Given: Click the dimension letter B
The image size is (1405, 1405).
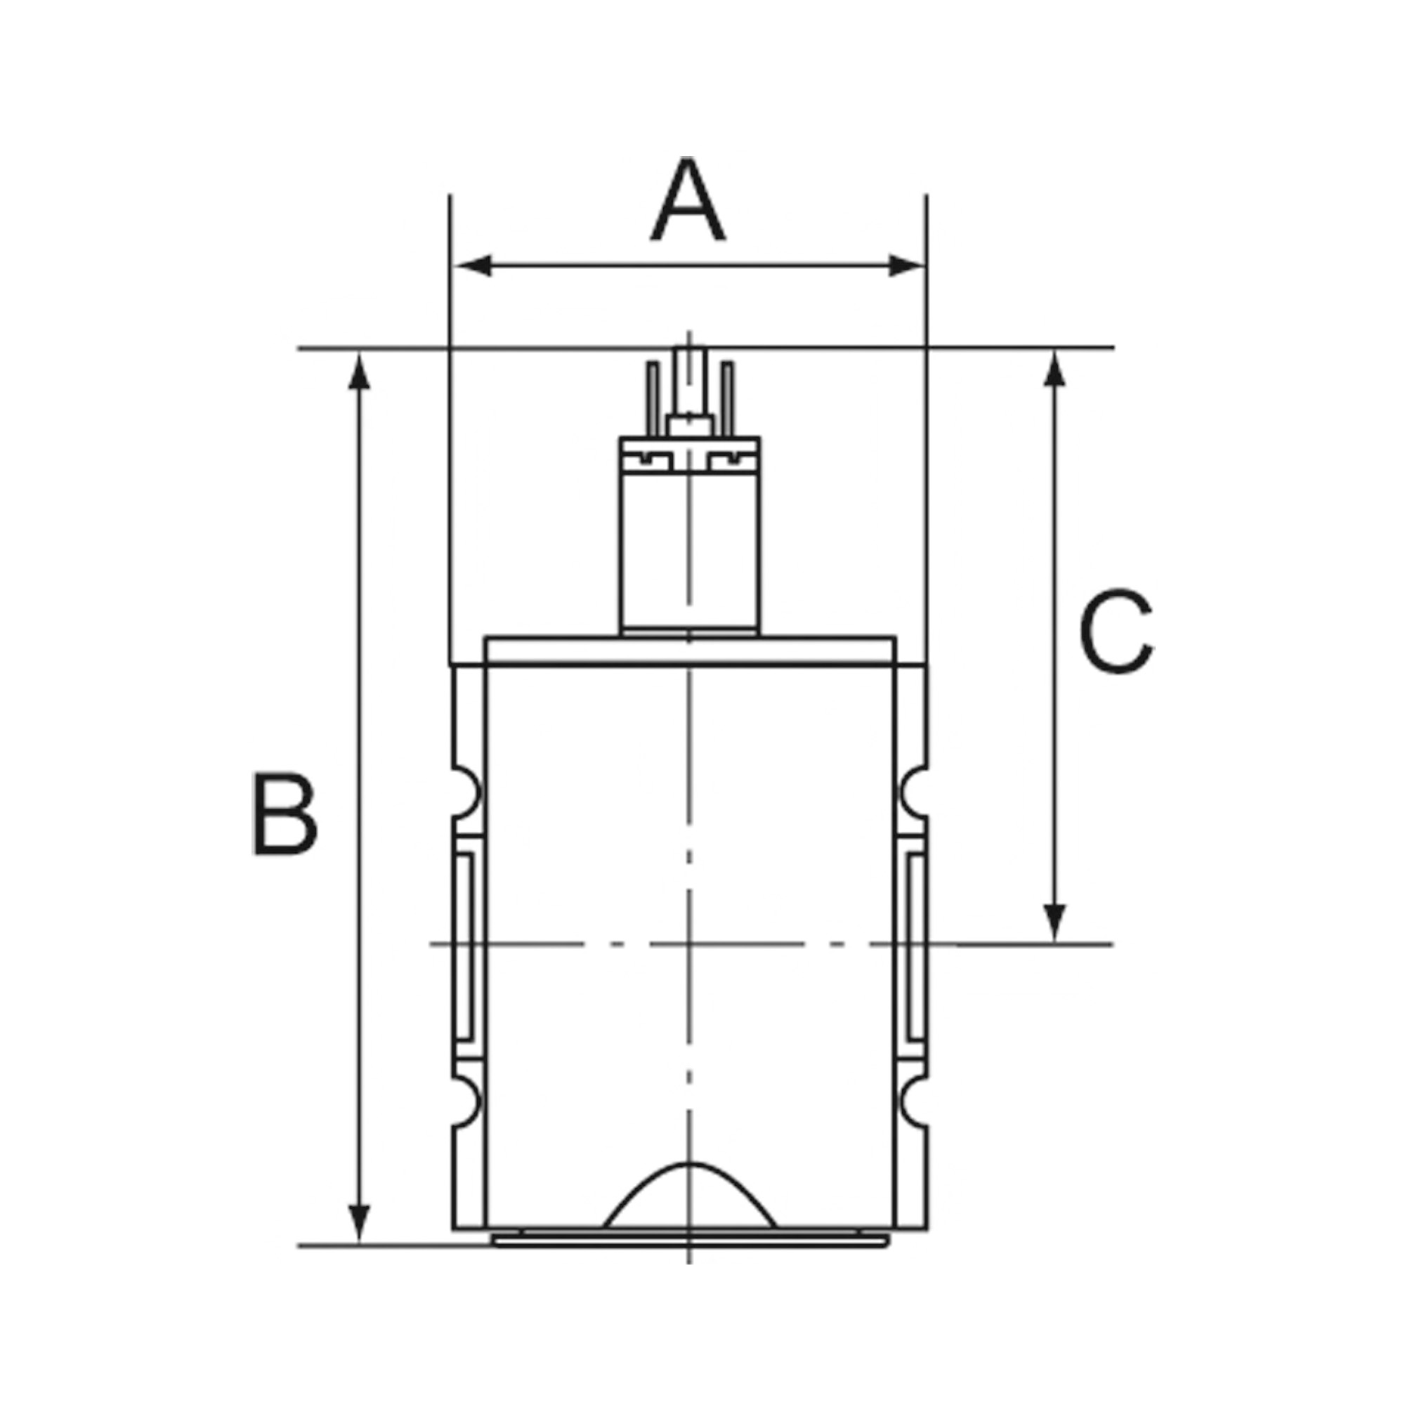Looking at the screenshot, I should click(x=285, y=813).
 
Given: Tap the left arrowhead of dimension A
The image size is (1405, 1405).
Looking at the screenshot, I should click(x=473, y=266).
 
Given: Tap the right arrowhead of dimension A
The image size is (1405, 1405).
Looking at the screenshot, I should click(x=906, y=266).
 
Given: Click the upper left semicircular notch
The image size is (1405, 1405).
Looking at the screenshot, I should click(x=466, y=790).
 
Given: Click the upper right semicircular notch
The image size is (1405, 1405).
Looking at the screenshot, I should click(x=913, y=790).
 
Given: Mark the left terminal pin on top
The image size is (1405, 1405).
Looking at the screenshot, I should click(x=653, y=396).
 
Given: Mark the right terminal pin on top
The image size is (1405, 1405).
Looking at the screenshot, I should click(x=728, y=396).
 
